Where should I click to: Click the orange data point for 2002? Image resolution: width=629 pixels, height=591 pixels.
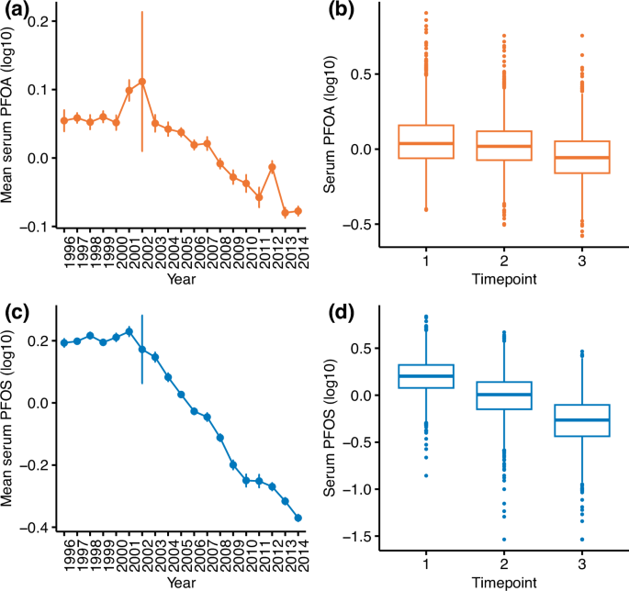(142, 82)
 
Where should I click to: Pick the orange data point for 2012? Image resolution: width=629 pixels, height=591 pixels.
(273, 167)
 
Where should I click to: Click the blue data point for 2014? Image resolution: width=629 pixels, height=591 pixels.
(298, 518)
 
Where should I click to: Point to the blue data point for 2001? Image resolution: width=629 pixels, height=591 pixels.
(129, 331)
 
